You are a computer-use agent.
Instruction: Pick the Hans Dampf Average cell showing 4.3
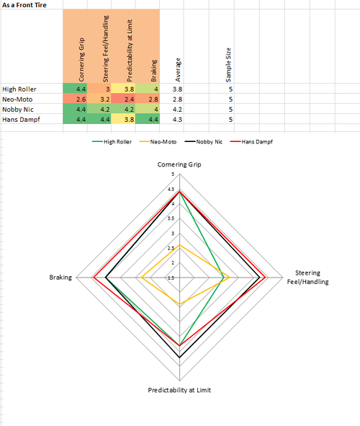pyautogui.click(x=176, y=119)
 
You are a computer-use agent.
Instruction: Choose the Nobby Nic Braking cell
pyautogui.click(x=146, y=109)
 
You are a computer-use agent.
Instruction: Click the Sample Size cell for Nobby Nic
pyautogui.click(x=230, y=109)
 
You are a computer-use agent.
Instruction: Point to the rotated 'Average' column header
pyautogui.click(x=178, y=69)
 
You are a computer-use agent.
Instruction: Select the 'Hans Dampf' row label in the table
pyautogui.click(x=20, y=119)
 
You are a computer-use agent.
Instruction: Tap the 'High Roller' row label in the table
pyautogui.click(x=19, y=89)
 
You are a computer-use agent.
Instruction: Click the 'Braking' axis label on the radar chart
pyautogui.click(x=60, y=278)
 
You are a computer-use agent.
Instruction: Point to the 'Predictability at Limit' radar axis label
pyautogui.click(x=179, y=390)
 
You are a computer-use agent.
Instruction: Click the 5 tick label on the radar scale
pyautogui.click(x=171, y=174)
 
